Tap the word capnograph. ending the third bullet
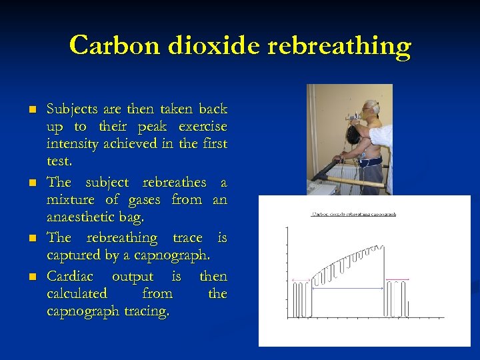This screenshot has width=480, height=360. coord(177,255)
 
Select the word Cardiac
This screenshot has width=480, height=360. coord(70,276)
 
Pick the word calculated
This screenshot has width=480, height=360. coord(77,293)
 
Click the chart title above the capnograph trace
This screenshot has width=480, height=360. coord(355,215)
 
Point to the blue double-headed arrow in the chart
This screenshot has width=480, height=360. coord(347,288)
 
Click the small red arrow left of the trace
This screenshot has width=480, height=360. coord(294,279)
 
